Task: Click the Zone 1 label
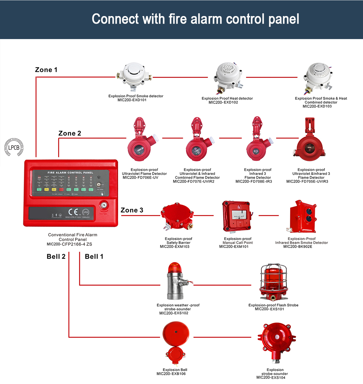[46, 70]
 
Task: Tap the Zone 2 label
[70, 134]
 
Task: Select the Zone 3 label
[132, 210]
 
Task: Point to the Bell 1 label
[94, 257]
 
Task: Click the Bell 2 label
[56, 257]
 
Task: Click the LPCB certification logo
[14, 147]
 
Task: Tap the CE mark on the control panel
[73, 212]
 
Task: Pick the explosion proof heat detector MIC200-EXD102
[227, 76]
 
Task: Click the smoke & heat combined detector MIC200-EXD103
[318, 76]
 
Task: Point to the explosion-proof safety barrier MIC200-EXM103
[177, 216]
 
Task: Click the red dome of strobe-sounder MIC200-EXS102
[174, 268]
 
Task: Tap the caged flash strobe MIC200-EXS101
[273, 280]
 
